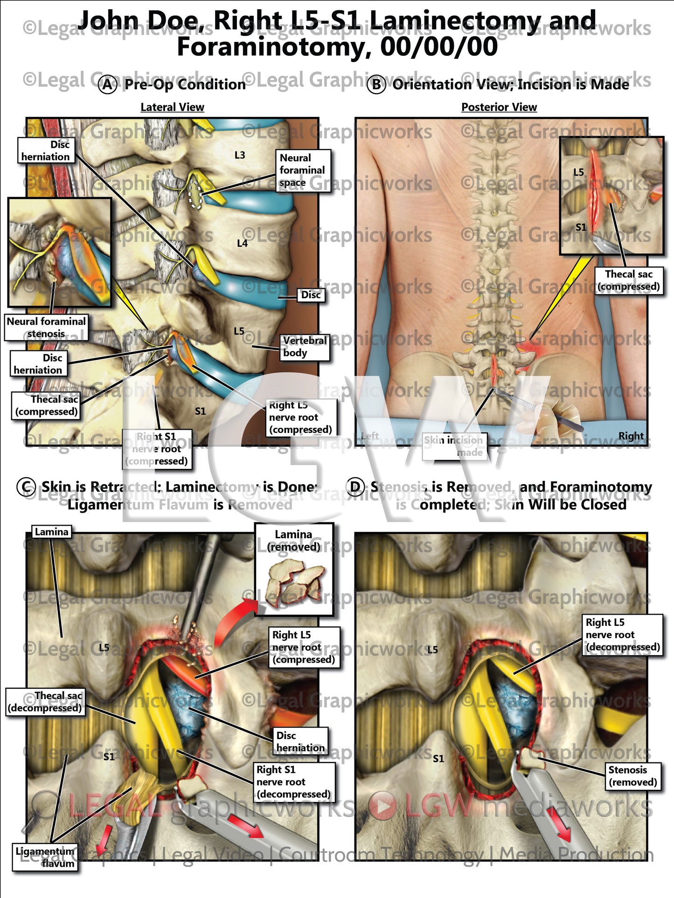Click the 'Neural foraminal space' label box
tap(303, 171)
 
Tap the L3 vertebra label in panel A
tap(240, 155)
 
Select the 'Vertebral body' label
tap(305, 347)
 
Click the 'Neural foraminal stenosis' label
tap(46, 328)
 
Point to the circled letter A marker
tap(108, 85)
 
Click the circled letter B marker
tap(376, 85)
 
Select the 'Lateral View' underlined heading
tap(172, 107)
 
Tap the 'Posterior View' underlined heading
tap(499, 107)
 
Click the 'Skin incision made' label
tap(454, 446)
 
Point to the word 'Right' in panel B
tap(631, 436)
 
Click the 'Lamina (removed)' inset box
tap(294, 569)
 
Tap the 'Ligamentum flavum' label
tap(45, 857)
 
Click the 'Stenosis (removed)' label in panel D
tap(633, 776)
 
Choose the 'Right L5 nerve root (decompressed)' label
tap(622, 635)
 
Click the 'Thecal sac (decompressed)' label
tap(45, 702)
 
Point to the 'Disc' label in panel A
tap(311, 295)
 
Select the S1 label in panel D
tap(438, 759)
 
